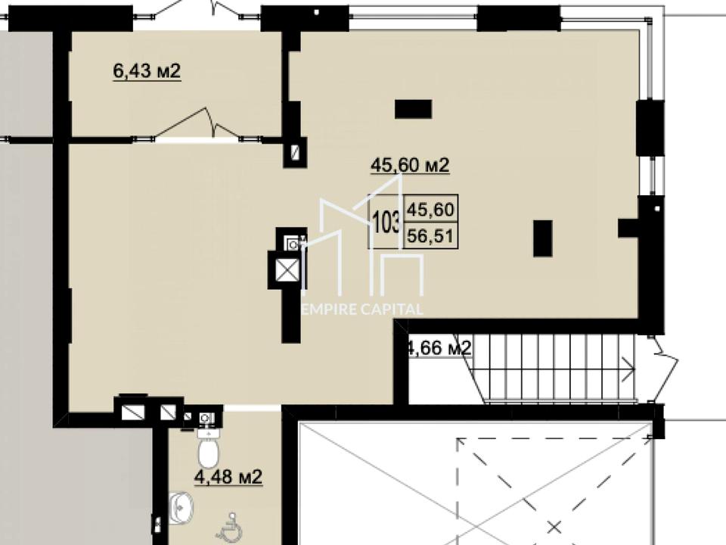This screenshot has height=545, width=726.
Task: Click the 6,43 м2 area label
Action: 147,71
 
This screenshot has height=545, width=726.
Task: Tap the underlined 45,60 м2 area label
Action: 410,165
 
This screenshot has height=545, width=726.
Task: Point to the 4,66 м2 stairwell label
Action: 438,347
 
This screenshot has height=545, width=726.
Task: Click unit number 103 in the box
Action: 386,222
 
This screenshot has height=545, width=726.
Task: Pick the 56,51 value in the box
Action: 430,236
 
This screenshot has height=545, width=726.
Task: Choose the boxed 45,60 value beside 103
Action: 430,210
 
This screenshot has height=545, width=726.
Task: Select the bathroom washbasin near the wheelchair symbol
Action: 181,505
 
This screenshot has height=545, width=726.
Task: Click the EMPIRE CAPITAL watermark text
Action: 362,310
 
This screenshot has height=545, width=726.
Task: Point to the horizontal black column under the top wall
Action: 413,109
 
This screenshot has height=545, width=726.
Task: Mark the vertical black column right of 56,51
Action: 543,238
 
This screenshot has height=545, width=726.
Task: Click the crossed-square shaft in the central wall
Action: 287,270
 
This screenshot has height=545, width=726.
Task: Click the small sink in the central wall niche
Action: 293,243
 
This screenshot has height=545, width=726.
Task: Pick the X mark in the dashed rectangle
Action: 554,527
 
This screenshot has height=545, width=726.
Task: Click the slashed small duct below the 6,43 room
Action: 295,151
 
